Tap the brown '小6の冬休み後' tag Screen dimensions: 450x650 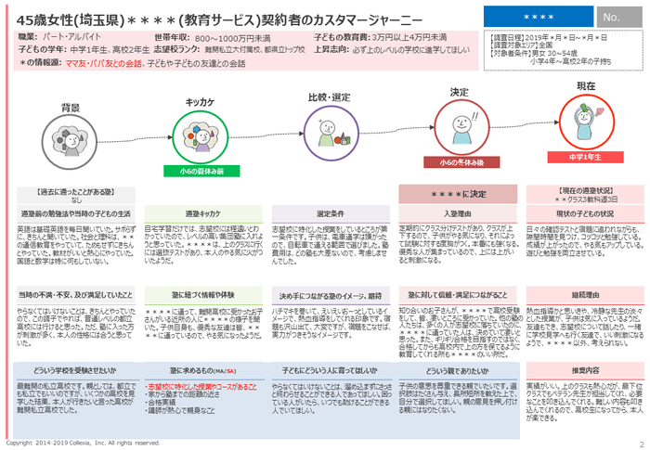click(457, 161)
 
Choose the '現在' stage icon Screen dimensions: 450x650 click(585, 121)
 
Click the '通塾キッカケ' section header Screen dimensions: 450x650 click(198, 213)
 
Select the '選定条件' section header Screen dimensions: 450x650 click(330, 213)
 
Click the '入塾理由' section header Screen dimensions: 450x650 click(458, 213)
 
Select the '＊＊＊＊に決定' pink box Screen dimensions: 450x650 click(458, 195)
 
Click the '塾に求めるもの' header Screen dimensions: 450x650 click(198, 369)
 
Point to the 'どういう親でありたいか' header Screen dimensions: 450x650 click(458, 369)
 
